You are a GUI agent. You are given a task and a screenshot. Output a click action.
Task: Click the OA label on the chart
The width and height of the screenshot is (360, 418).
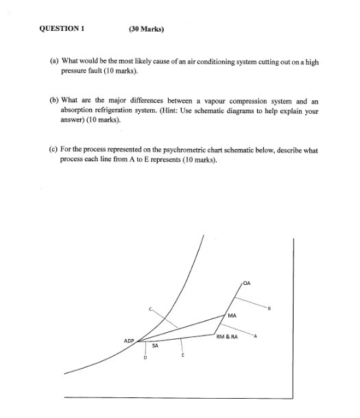click(x=247, y=282)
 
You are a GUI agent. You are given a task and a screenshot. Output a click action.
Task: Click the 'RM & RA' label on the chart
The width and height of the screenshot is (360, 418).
click(x=226, y=337)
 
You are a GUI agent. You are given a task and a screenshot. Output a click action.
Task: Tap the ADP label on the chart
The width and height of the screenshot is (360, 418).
click(x=128, y=340)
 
